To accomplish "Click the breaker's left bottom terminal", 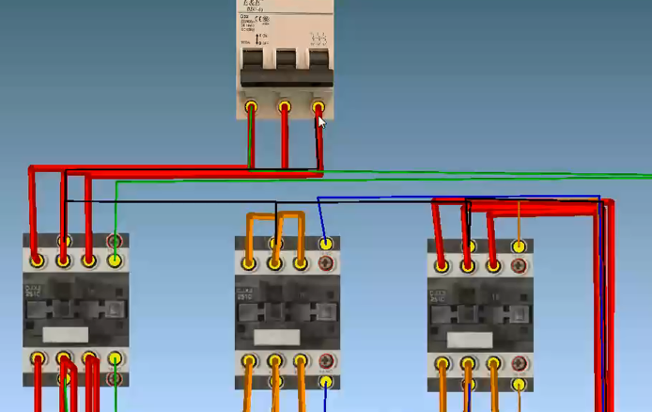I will [252, 107].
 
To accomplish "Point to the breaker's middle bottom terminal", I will [285, 107].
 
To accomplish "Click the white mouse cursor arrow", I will [321, 122].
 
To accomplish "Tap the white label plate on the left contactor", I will [66, 333].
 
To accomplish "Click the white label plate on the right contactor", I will [473, 338].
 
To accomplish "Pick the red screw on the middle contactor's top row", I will [326, 264].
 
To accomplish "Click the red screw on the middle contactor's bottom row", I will [326, 361].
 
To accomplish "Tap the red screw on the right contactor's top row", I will [518, 267].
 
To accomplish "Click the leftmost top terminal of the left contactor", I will [38, 260].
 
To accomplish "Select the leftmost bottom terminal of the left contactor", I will [38, 358].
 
